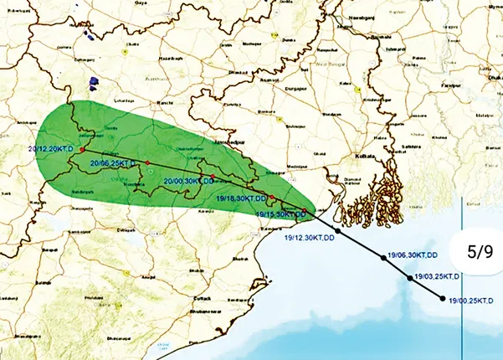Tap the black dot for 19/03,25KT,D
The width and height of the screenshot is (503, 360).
point(409,277)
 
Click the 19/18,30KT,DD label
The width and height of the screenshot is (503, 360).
point(241,199)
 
